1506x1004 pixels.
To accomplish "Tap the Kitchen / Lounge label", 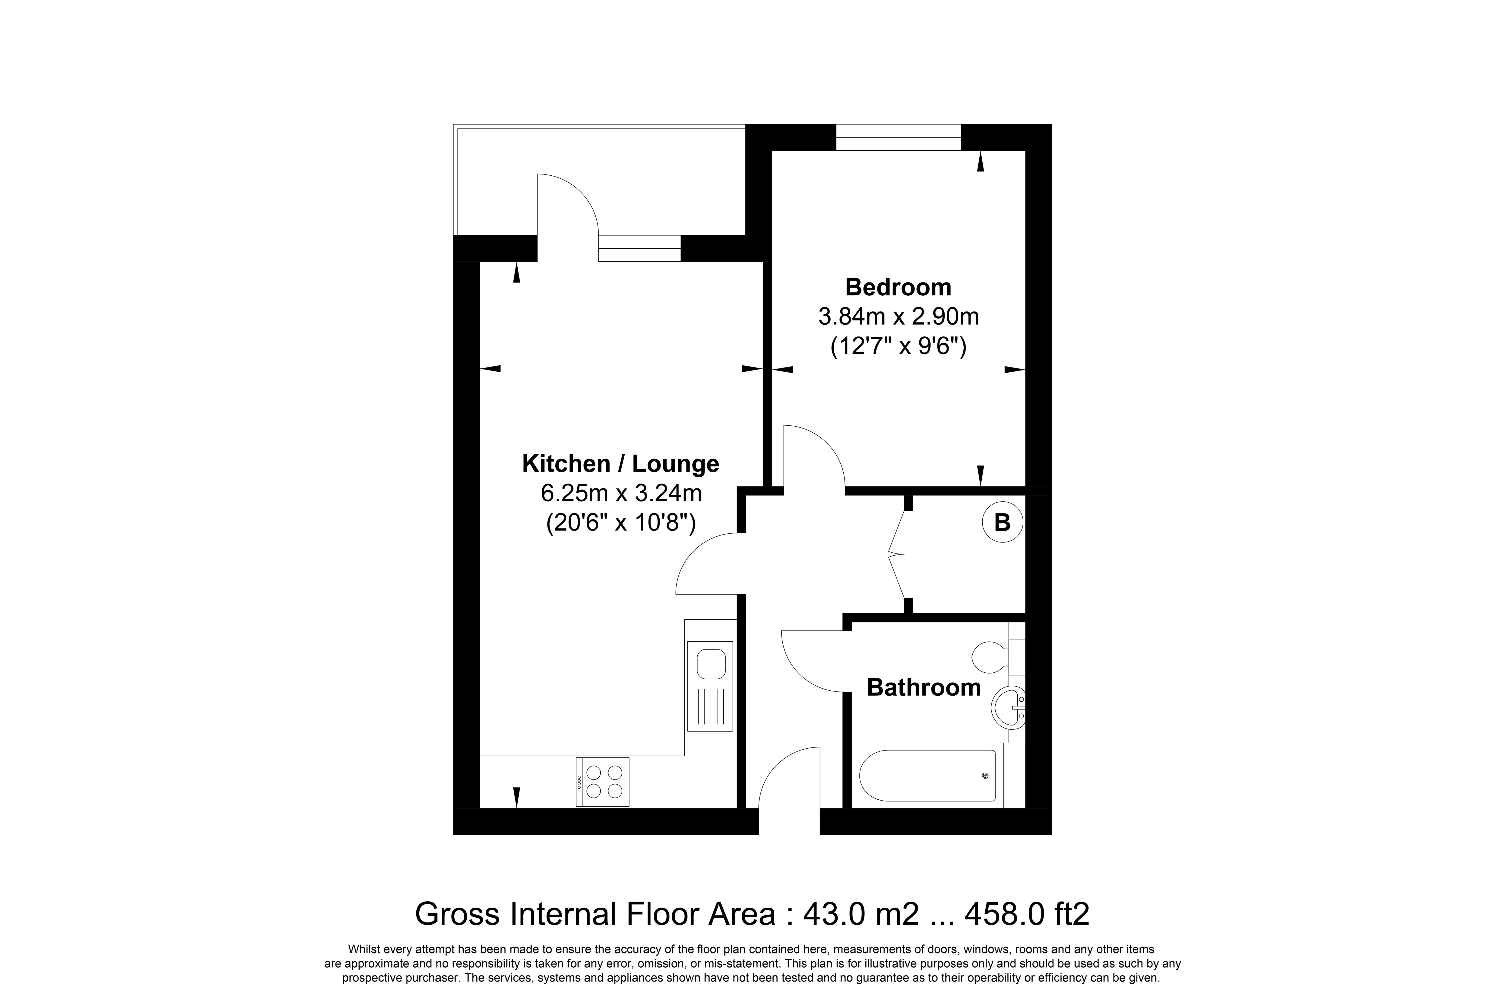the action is click(620, 464).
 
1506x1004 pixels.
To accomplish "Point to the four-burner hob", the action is click(603, 782).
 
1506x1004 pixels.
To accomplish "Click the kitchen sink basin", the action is click(711, 664).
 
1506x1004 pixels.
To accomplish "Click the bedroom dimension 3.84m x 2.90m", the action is click(898, 316).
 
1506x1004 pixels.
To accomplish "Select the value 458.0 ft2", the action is click(1027, 914).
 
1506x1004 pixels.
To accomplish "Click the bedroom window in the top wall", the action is click(898, 137).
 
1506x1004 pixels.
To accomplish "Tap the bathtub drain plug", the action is click(985, 775).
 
